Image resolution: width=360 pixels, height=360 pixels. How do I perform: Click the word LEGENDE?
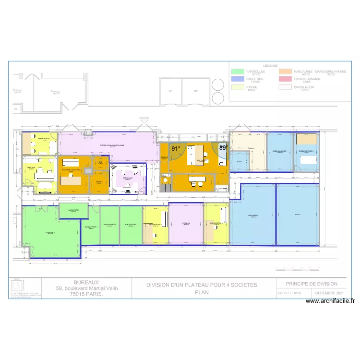[270, 66]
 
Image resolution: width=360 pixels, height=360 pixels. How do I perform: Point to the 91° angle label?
[176, 149]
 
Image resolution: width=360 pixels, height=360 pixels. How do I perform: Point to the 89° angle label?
[223, 148]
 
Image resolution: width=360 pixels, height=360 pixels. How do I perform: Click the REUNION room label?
[186, 223]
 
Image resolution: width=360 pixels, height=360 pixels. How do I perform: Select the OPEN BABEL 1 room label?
[253, 216]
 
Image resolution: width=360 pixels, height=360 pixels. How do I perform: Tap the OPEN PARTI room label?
[49, 233]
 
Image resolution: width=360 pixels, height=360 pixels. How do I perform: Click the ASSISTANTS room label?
[128, 178]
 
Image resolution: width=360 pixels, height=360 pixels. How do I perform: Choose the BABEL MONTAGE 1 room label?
[280, 151]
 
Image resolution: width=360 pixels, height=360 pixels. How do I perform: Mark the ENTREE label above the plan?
[144, 118]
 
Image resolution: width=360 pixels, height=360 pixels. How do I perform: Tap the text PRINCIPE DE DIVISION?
[312, 284]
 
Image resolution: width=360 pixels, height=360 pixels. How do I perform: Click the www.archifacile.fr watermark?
[331, 301]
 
